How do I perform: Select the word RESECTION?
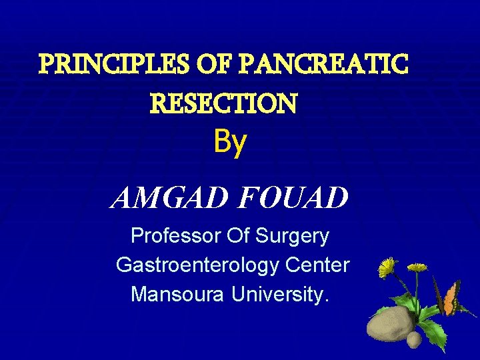[224, 103]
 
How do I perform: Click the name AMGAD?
[170, 197]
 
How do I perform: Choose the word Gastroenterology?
[197, 265]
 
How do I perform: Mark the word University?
[281, 294]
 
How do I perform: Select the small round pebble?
[414, 339]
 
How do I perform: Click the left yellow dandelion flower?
[387, 267]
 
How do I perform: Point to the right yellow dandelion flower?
[417, 267]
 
